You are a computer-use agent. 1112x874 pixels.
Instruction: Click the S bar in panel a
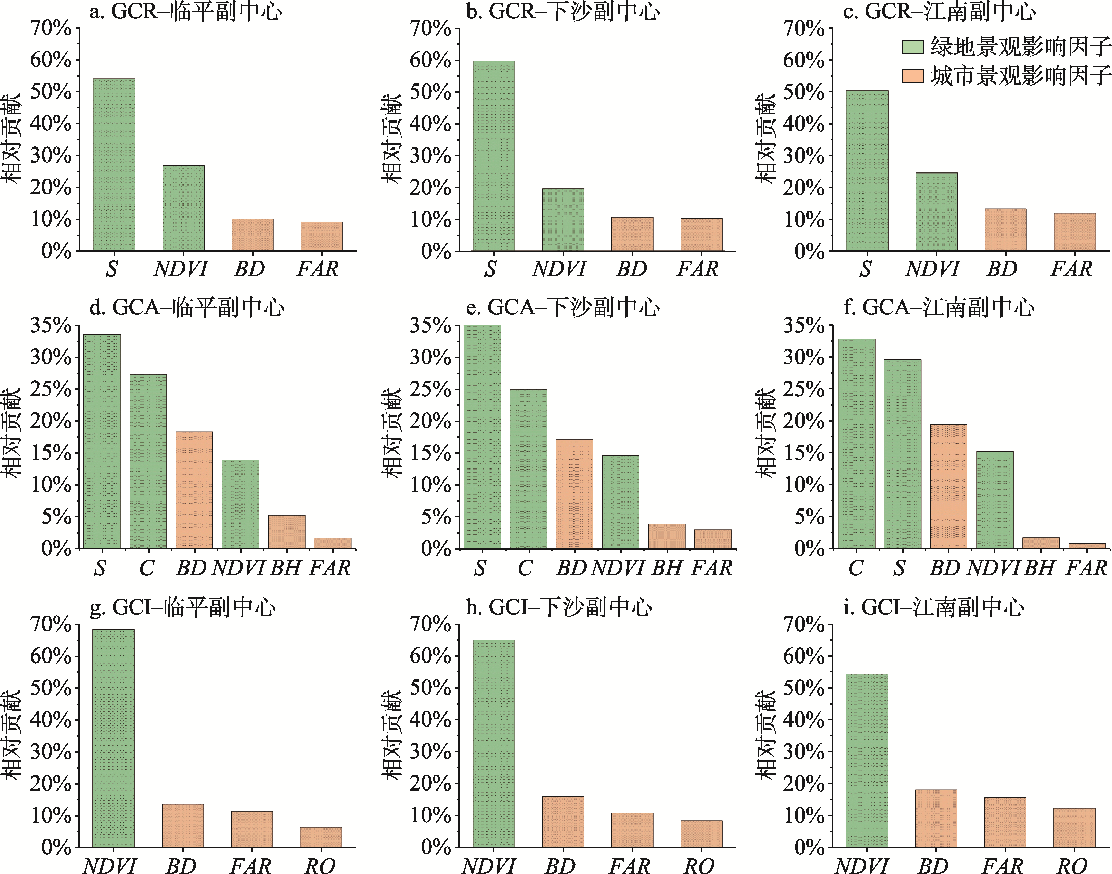coord(114,165)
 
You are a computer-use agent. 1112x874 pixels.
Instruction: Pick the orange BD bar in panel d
coord(194,490)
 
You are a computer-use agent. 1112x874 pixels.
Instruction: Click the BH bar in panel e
coord(667,536)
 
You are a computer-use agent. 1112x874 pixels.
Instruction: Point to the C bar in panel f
coord(856,444)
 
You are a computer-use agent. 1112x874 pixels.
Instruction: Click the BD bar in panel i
coord(936,818)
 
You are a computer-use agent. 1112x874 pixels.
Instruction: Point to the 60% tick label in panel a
coord(51,60)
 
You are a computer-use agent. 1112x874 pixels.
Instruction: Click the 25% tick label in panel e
coord(430,389)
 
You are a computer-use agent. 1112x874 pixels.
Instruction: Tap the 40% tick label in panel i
coord(803,720)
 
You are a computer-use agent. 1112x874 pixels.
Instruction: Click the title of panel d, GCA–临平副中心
coord(187,308)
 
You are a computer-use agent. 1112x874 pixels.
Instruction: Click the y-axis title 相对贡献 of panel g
coord(11,734)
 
